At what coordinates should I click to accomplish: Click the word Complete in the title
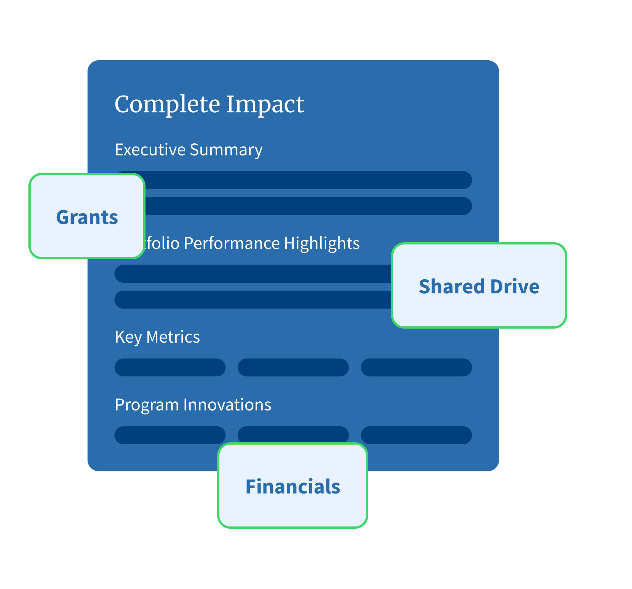click(167, 104)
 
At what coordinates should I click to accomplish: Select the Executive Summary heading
click(188, 150)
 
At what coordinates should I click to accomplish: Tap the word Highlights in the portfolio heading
click(321, 243)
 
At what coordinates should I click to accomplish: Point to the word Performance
click(232, 243)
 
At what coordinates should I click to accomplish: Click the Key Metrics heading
click(157, 337)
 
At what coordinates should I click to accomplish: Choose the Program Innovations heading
click(193, 405)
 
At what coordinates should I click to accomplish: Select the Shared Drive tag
click(479, 286)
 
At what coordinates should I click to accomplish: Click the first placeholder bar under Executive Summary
click(307, 180)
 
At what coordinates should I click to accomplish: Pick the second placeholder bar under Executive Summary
click(307, 206)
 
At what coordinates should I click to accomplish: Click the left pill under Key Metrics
click(170, 367)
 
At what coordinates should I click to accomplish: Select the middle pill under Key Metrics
click(293, 367)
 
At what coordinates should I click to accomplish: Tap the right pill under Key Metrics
click(416, 367)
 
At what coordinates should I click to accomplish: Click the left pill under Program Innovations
click(170, 435)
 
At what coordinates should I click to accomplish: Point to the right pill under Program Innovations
click(416, 435)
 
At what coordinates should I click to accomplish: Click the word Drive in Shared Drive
click(515, 286)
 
